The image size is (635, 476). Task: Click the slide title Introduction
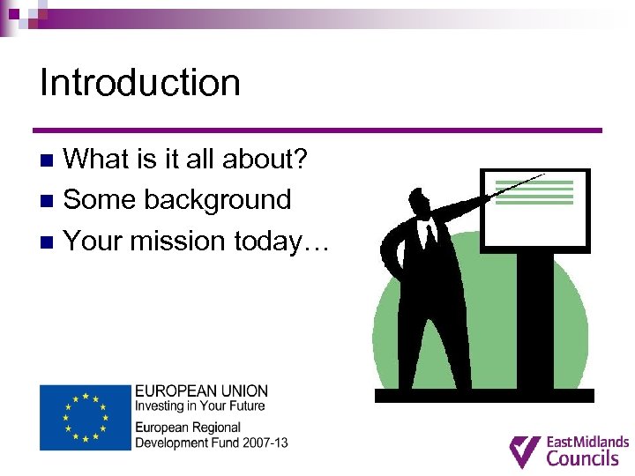pyautogui.click(x=140, y=83)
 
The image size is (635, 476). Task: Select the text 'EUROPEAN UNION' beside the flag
pyautogui.click(x=201, y=390)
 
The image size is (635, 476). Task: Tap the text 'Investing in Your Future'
pyautogui.click(x=199, y=405)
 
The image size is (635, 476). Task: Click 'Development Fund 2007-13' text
pyautogui.click(x=211, y=442)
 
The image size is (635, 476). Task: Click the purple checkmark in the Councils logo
pyautogui.click(x=526, y=450)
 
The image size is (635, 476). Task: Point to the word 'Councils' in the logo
pyautogui.click(x=583, y=457)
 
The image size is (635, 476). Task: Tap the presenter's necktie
pyautogui.click(x=430, y=236)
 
